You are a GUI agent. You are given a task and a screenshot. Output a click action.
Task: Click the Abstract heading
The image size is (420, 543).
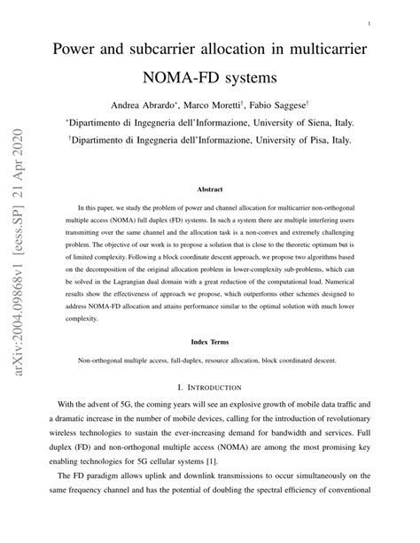[210, 190]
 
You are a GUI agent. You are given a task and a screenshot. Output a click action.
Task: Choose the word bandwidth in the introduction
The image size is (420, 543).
[282, 458]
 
